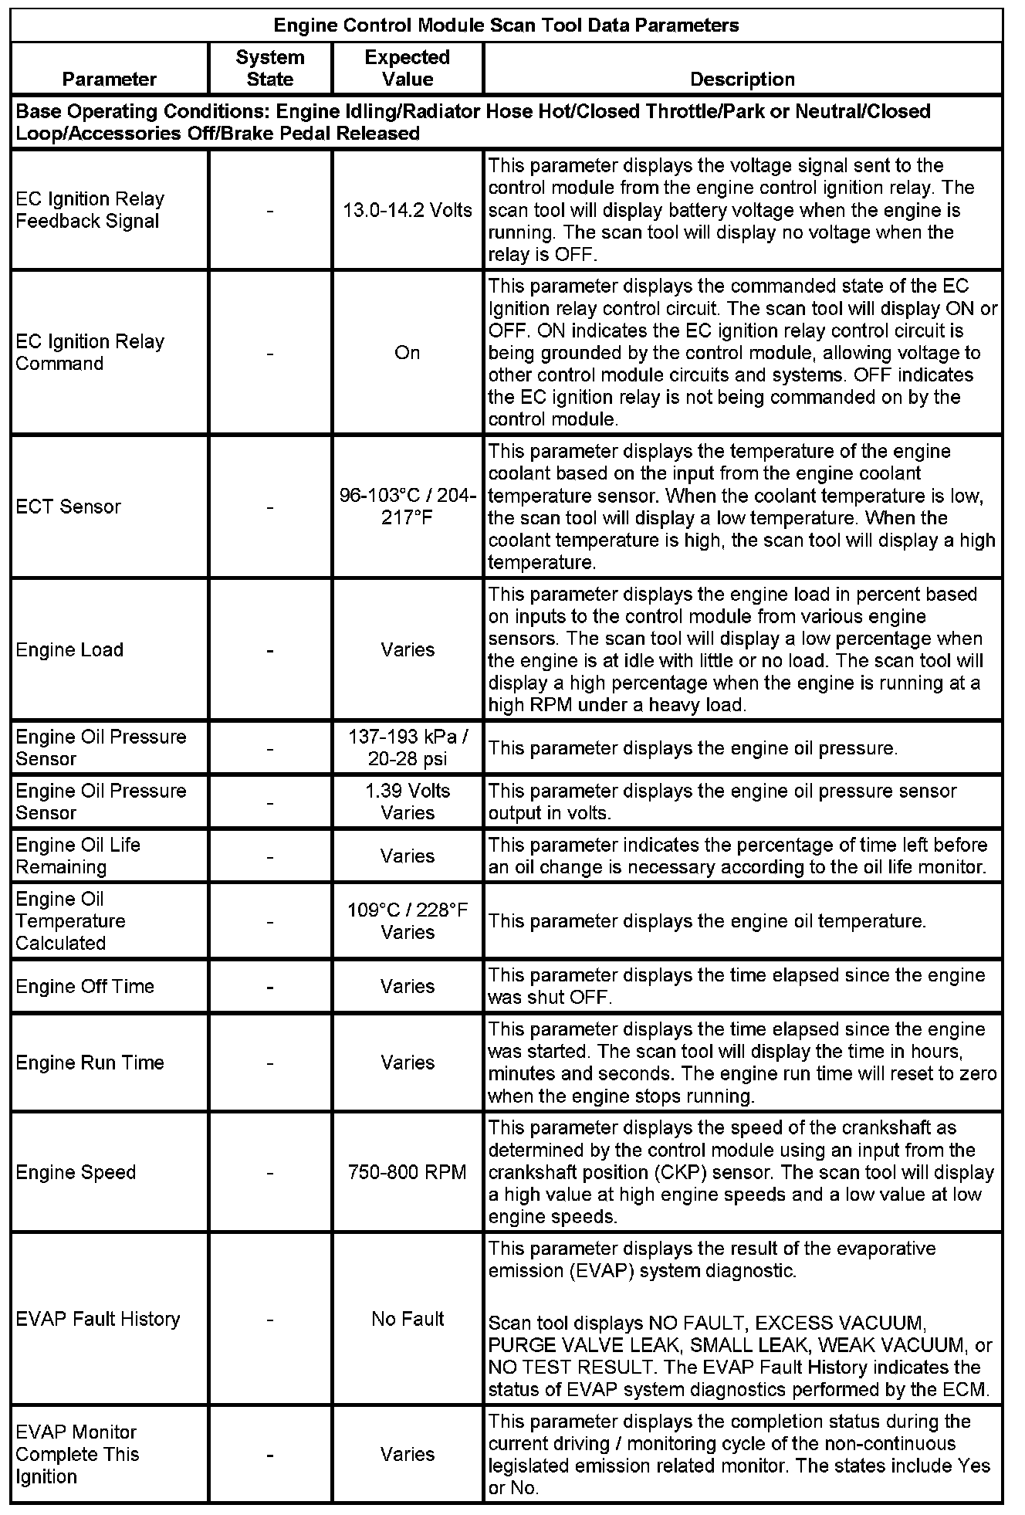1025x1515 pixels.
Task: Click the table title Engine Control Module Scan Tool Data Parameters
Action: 506,25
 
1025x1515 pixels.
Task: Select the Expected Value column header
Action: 408,68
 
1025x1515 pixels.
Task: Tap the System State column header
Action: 270,68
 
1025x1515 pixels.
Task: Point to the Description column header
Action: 742,79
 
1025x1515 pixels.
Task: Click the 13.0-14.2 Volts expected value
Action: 408,210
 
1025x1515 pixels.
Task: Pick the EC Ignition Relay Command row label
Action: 90,352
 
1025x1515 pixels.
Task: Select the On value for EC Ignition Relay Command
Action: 408,353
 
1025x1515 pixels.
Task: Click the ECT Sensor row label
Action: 69,507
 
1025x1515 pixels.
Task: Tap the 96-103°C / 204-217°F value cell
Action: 408,507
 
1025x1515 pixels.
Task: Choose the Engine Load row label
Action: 69,649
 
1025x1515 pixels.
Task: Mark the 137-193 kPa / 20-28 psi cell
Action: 408,747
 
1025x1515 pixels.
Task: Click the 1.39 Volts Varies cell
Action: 408,802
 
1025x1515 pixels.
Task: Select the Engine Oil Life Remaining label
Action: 77,856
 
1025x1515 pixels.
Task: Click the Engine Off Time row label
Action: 85,986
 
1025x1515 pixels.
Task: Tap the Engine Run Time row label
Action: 90,1063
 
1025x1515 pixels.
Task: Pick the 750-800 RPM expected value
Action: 408,1172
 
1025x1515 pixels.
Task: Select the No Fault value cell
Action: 408,1319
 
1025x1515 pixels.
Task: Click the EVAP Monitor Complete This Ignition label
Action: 77,1454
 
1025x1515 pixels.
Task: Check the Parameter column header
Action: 110,79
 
